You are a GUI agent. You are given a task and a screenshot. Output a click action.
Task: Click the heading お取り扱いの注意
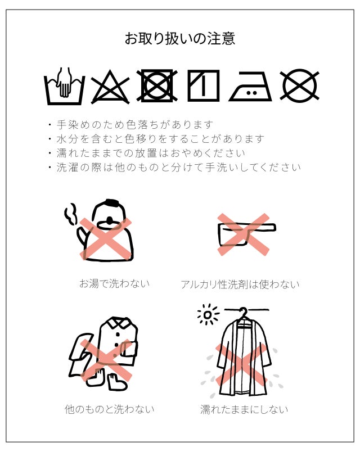click(x=180, y=39)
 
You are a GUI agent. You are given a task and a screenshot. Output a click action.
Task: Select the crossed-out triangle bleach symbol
click(x=110, y=87)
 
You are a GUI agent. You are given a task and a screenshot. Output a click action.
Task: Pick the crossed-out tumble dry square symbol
click(x=157, y=85)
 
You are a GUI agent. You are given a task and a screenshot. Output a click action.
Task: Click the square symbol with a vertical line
click(x=204, y=85)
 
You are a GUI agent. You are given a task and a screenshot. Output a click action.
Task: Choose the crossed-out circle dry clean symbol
click(x=299, y=85)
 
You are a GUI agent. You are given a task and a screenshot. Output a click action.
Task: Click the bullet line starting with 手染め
click(x=131, y=125)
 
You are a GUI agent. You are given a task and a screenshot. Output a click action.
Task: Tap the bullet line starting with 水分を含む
click(x=156, y=139)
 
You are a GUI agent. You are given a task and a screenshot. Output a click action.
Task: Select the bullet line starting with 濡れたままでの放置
click(x=147, y=153)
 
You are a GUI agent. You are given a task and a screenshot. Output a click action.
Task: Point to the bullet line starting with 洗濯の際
click(x=174, y=167)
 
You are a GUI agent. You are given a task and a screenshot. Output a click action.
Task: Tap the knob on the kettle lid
click(x=110, y=220)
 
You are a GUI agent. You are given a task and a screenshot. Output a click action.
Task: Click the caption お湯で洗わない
click(x=115, y=283)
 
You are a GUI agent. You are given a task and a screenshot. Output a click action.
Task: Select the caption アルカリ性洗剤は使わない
click(x=240, y=284)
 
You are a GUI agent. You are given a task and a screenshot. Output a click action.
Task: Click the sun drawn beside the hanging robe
click(x=208, y=315)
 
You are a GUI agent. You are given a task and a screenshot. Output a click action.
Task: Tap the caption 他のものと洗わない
click(x=110, y=409)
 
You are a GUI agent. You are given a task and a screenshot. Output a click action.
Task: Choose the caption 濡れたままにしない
click(x=244, y=409)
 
